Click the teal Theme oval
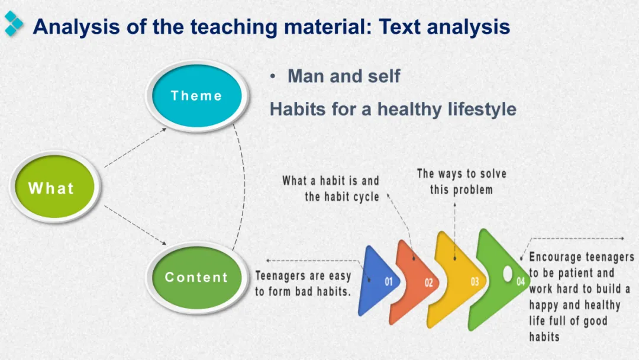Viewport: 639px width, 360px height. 197,96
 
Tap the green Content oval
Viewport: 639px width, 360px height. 197,278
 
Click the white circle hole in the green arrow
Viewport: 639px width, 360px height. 508,274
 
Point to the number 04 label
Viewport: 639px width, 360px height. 521,281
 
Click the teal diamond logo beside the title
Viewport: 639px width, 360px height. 14,24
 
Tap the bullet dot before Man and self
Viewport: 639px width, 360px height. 273,76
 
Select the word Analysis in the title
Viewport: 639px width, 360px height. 76,27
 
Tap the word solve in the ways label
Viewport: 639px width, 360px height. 493,173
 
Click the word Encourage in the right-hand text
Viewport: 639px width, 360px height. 555,257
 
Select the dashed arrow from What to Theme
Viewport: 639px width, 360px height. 135,147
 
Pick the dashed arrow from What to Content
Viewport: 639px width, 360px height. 135,226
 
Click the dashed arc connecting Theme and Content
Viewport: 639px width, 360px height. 244,187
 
